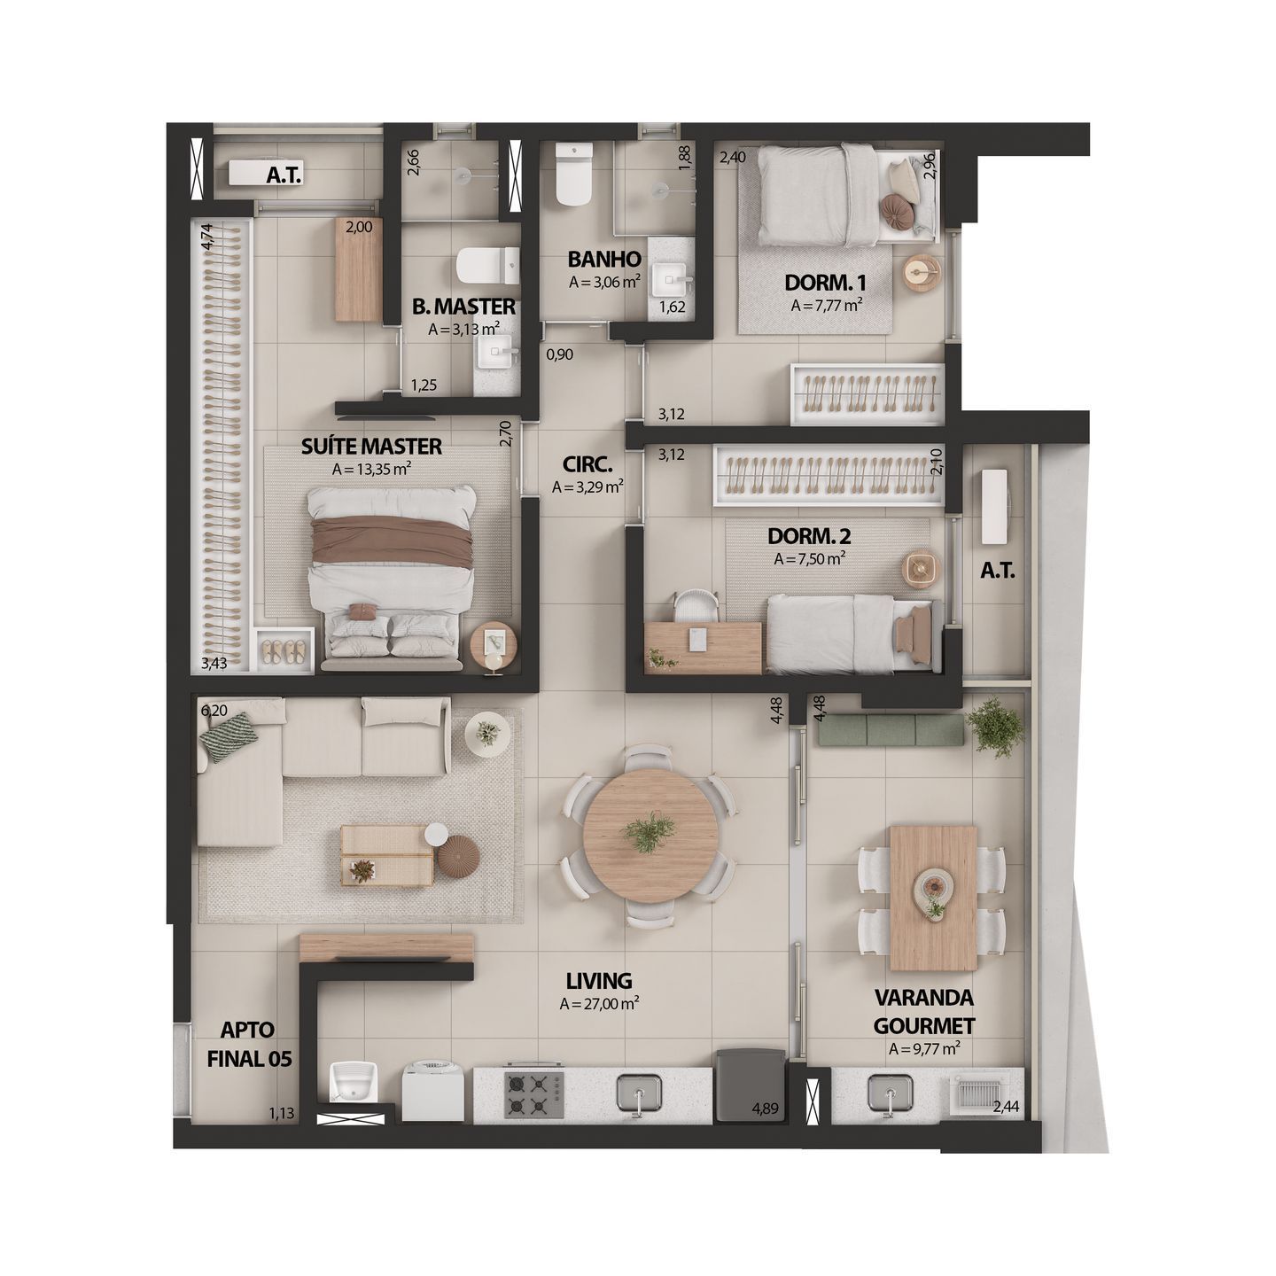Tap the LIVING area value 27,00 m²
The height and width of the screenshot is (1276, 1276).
(x=600, y=1005)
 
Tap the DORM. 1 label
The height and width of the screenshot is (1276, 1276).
(x=826, y=284)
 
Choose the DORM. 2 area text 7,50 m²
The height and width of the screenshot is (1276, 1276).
(x=809, y=559)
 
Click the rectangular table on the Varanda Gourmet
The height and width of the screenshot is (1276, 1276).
(x=933, y=898)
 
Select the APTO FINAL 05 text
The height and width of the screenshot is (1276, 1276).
(x=247, y=1043)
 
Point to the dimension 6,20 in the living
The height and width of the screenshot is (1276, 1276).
(x=214, y=711)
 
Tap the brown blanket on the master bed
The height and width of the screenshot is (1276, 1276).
(x=389, y=540)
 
